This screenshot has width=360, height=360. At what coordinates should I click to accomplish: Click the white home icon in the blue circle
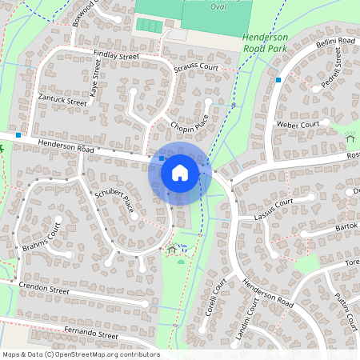(180, 172)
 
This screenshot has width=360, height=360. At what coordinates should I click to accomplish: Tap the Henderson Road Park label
(265, 42)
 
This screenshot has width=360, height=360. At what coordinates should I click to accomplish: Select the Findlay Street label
(116, 56)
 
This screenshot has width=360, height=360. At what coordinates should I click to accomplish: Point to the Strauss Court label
(196, 68)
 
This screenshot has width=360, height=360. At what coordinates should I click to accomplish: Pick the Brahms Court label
(43, 238)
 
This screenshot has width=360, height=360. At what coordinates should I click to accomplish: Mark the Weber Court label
(297, 125)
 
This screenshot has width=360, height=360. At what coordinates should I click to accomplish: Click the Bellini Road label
(335, 42)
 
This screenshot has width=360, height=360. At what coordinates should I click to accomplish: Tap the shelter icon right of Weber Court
(350, 137)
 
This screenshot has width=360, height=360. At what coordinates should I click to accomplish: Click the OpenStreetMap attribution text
(81, 354)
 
